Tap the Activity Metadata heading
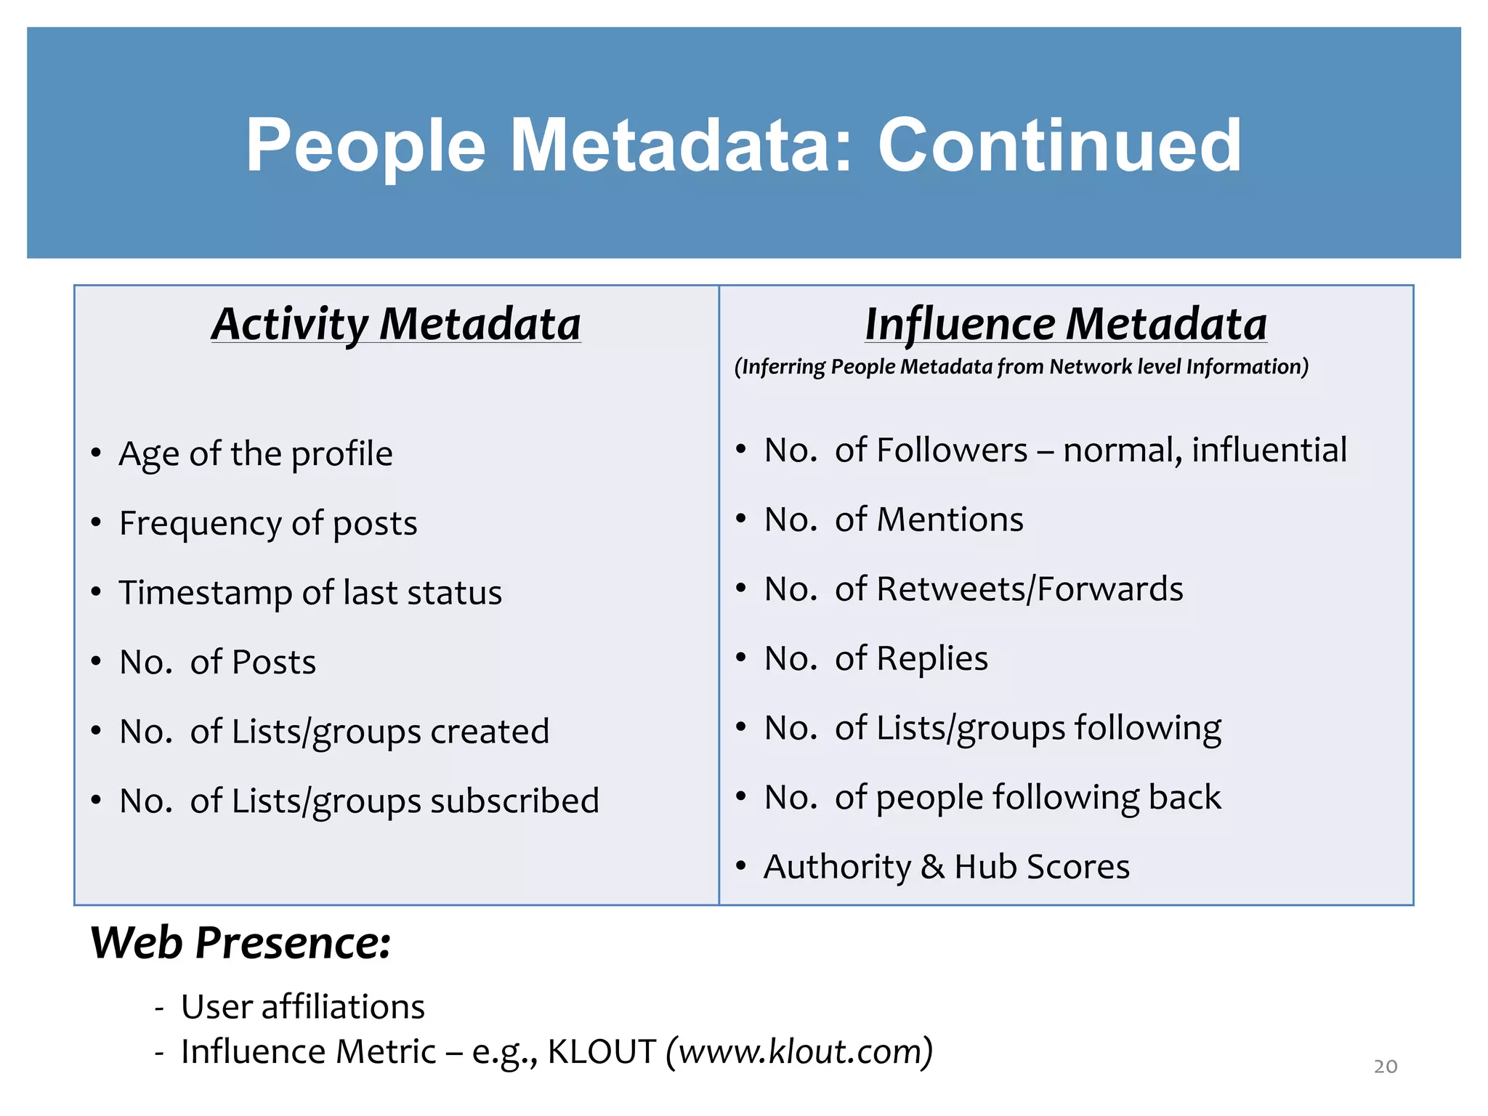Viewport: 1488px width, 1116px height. tap(396, 324)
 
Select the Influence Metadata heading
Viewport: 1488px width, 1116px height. tap(1065, 324)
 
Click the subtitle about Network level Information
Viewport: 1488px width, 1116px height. tap(1021, 367)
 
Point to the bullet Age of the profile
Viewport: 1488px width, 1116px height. tap(256, 454)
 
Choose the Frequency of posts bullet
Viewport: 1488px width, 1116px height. tap(268, 523)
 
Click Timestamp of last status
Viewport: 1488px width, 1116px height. tap(310, 593)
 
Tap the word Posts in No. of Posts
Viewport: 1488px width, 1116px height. tap(274, 663)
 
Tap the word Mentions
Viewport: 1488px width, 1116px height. tap(950, 520)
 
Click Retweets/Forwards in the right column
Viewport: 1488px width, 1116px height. tap(1030, 589)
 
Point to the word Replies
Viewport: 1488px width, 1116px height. tap(932, 659)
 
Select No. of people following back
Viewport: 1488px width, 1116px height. tap(992, 798)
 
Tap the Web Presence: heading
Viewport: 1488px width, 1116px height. tap(240, 944)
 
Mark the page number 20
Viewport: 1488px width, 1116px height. tap(1385, 1067)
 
